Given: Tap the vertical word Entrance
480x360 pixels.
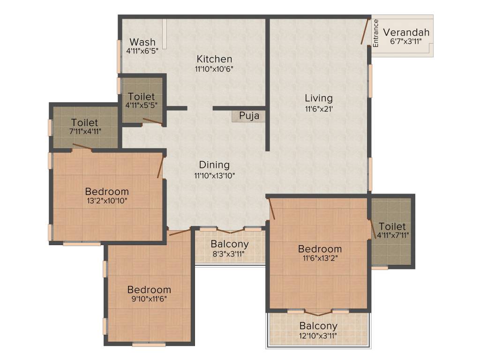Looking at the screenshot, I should (x=375, y=33).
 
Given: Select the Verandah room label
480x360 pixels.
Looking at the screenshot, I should (x=406, y=32).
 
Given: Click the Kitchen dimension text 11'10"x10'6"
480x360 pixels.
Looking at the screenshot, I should (x=214, y=68).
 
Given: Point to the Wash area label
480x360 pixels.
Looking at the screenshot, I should (x=142, y=42).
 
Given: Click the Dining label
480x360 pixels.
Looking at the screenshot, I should (x=214, y=165).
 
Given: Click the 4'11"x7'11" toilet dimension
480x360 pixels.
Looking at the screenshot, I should (x=392, y=235).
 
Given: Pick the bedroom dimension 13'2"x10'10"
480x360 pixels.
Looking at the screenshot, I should (x=106, y=201).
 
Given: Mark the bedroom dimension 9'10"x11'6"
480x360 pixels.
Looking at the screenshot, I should (x=149, y=299).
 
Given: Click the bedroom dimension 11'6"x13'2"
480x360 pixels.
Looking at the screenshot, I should (x=320, y=257).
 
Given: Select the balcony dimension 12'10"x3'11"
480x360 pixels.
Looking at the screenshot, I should (x=318, y=335).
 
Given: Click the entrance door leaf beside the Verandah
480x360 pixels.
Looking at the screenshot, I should (x=365, y=31).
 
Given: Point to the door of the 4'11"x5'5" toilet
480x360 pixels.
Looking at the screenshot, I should (x=153, y=121).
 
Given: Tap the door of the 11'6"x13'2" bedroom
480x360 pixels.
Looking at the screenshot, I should (x=271, y=209).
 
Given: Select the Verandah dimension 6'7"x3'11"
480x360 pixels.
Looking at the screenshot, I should (x=406, y=41).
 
